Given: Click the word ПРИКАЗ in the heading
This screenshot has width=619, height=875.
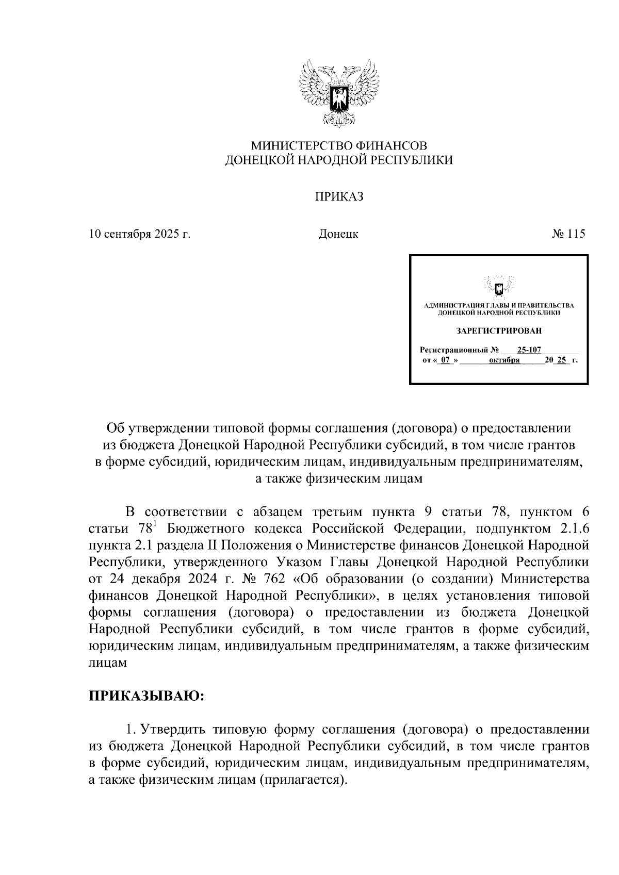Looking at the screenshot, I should (x=339, y=197).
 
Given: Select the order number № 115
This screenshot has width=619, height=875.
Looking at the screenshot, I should (x=568, y=234).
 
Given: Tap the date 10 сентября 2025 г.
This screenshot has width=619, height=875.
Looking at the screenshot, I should (x=140, y=234).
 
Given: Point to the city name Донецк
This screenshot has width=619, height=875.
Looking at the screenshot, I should (x=338, y=234).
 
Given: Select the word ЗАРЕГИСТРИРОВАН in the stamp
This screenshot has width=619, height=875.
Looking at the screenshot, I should (x=499, y=331).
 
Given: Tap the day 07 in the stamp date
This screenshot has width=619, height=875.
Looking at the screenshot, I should (x=445, y=360).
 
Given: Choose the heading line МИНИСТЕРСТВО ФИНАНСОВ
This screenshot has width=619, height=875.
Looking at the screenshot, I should (x=339, y=146).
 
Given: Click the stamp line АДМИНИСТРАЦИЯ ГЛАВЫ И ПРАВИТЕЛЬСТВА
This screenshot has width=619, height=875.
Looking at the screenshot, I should (x=499, y=305).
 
